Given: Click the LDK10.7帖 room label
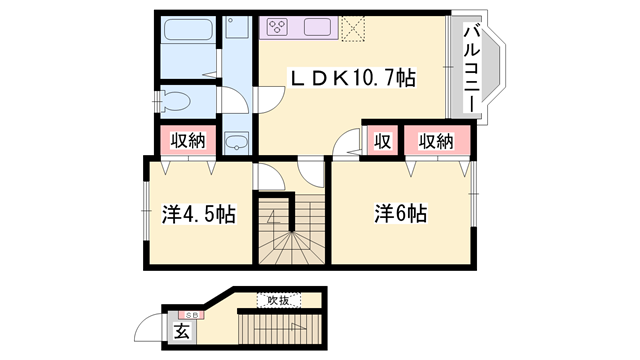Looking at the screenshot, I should pyautogui.click(x=352, y=77).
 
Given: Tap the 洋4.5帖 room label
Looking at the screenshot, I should pyautogui.click(x=198, y=213).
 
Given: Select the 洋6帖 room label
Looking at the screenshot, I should pyautogui.click(x=400, y=213).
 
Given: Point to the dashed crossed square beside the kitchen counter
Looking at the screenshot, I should pyautogui.click(x=354, y=27).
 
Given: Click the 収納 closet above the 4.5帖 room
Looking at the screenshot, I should pyautogui.click(x=186, y=141).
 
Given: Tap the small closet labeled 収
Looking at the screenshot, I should pyautogui.click(x=382, y=141).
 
